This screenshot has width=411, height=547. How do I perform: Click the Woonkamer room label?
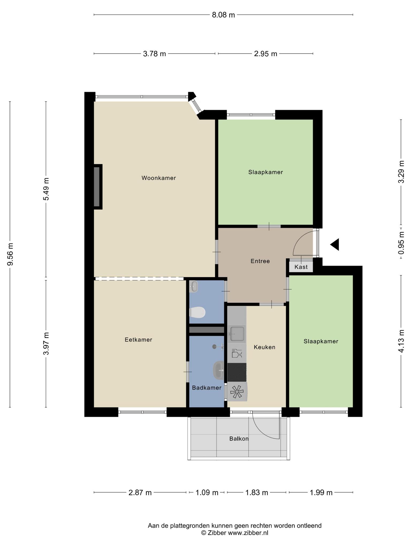[159, 178]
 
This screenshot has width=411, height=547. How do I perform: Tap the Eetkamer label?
[138, 340]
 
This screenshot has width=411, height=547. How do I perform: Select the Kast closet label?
[301, 267]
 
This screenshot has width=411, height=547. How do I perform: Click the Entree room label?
[260, 261]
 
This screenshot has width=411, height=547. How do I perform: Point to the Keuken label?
[264, 347]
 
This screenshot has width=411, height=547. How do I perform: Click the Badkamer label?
[207, 388]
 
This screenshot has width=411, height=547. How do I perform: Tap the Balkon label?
[239, 439]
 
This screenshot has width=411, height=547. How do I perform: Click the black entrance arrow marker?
[334, 244]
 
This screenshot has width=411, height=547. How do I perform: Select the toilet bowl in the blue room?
[197, 312]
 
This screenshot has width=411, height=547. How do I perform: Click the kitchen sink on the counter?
[237, 334]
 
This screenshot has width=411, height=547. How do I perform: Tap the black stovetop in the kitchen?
[237, 372]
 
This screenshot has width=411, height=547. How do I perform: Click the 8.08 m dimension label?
[223, 15]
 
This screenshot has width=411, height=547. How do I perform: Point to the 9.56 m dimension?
[10, 254]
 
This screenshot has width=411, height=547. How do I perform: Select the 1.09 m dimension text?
[207, 493]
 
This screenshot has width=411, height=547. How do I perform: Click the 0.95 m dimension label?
[401, 243]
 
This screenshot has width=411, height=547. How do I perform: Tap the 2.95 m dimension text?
[265, 54]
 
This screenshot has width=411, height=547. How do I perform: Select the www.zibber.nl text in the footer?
[248, 533]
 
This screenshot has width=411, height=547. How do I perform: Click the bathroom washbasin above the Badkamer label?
[219, 370]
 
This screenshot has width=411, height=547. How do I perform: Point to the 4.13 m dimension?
[401, 341]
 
